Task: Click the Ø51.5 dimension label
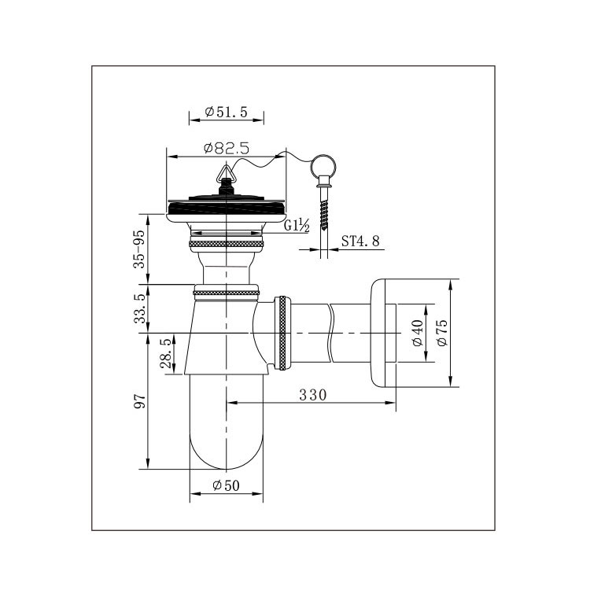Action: [x=226, y=112]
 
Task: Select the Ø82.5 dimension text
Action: [x=227, y=148]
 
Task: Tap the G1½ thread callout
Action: [x=297, y=226]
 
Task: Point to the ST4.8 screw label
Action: [x=360, y=241]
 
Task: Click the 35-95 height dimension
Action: [x=139, y=249]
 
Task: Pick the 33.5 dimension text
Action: [x=139, y=308]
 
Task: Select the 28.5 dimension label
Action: [x=165, y=353]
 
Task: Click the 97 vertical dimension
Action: [x=139, y=401]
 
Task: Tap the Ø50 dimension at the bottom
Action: [x=226, y=485]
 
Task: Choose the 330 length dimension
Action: [x=313, y=395]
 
